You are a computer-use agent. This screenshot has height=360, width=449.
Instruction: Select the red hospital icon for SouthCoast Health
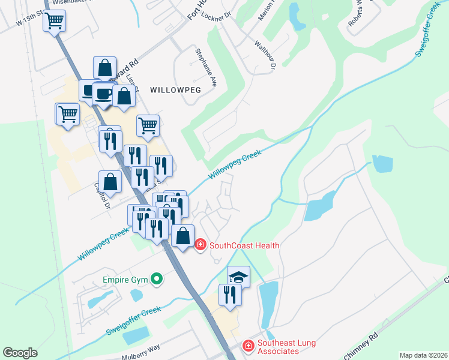click(200, 245)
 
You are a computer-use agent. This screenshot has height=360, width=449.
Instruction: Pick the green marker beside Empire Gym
click(157, 278)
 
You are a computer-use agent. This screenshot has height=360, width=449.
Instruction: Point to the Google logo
click(20, 353)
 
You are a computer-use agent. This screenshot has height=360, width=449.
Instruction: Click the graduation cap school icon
click(238, 276)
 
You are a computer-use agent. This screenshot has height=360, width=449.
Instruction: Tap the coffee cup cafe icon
click(104, 94)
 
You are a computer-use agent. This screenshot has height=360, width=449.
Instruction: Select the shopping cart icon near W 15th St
click(55, 21)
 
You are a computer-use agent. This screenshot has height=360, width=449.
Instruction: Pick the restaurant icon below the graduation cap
click(230, 295)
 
